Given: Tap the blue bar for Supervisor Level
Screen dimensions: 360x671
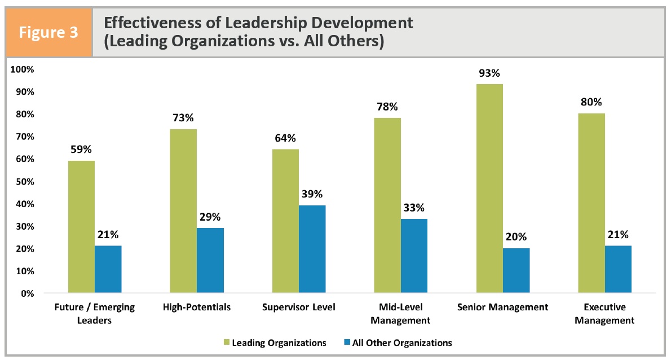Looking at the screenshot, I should (312, 249).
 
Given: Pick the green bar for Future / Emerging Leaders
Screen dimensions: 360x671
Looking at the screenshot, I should (81, 227).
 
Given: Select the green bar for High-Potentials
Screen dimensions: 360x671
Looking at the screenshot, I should (183, 211).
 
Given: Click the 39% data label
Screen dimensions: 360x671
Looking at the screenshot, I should (312, 194).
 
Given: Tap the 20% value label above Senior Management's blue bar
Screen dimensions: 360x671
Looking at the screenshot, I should (516, 237).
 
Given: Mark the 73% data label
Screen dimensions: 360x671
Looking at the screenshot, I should (183, 118).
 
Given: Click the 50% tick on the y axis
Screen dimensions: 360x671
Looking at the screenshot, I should (24, 182).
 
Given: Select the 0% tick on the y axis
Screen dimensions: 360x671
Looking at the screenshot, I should (27, 293).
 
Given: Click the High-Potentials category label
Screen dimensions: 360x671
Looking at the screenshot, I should (196, 308).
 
